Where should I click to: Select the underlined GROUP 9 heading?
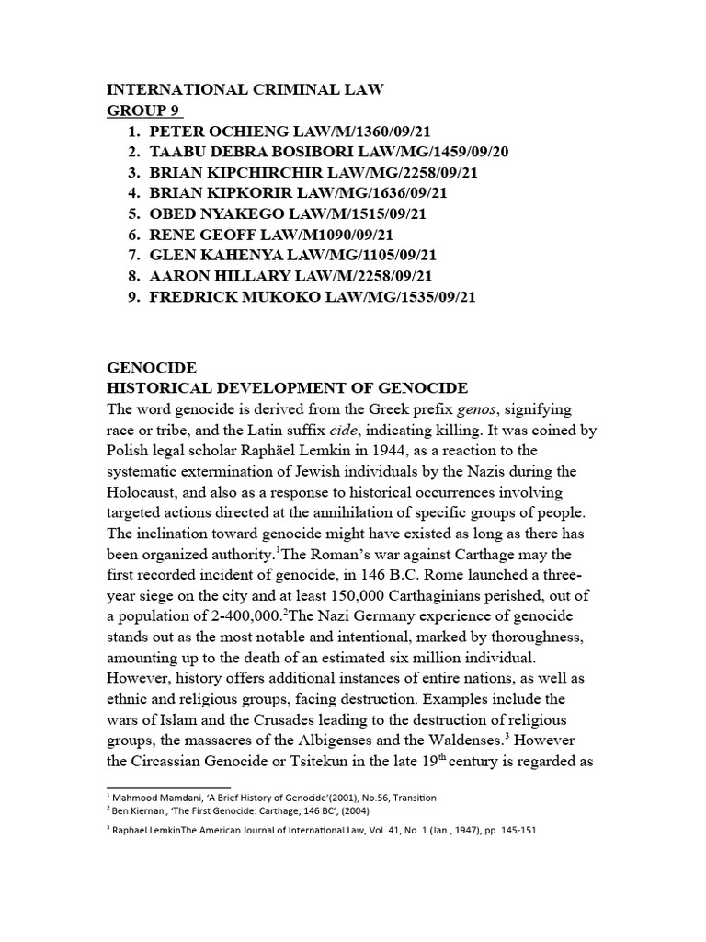(x=143, y=111)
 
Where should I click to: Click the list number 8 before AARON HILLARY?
(x=134, y=276)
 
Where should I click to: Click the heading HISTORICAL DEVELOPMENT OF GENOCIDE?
(x=288, y=388)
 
